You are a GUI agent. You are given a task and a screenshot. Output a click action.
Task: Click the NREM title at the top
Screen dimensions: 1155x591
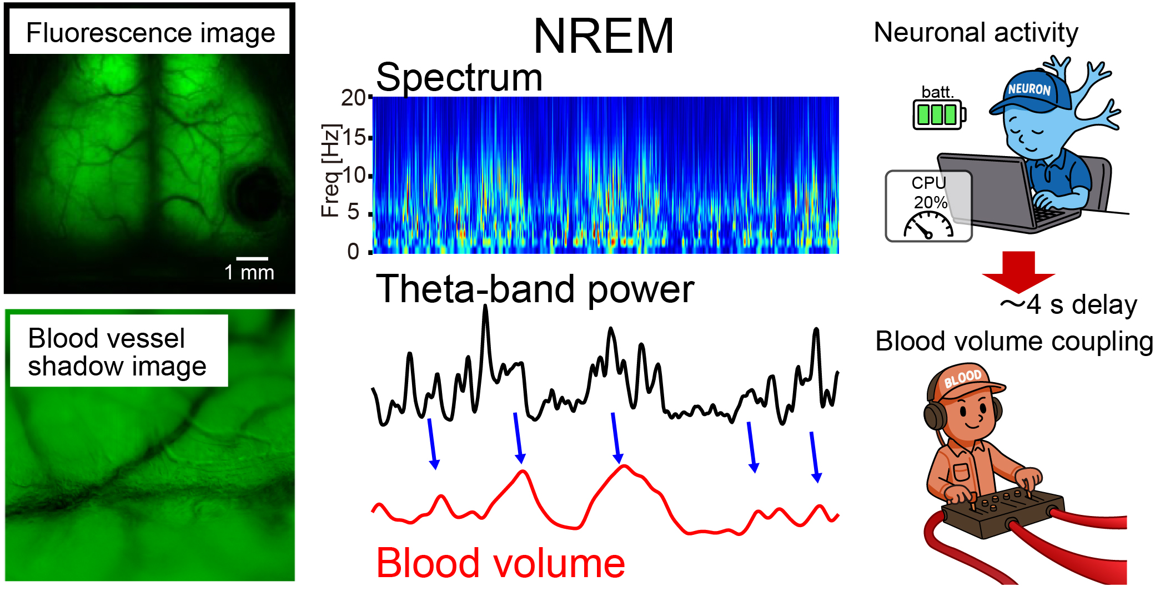click(x=604, y=36)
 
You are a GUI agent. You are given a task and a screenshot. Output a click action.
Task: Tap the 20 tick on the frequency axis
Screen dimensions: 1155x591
click(x=353, y=98)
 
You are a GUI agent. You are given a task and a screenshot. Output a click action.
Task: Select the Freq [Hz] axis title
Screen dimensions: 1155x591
click(x=330, y=171)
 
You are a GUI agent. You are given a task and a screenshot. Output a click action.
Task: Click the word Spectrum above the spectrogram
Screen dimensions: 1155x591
click(x=459, y=77)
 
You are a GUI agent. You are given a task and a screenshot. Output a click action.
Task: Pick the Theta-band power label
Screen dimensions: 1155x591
click(x=535, y=289)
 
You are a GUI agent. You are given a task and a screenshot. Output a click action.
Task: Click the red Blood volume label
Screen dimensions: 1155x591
click(x=500, y=563)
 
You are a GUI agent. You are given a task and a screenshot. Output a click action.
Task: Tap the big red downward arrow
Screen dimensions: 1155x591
click(x=1018, y=272)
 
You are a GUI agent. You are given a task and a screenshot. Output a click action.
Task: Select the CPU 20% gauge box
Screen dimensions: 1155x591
click(x=928, y=206)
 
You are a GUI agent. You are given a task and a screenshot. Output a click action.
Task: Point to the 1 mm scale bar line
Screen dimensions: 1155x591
click(x=252, y=258)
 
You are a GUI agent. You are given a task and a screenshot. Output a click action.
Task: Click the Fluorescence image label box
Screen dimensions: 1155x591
click(x=150, y=32)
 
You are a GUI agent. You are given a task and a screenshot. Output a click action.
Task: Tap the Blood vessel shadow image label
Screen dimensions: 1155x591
click(x=118, y=351)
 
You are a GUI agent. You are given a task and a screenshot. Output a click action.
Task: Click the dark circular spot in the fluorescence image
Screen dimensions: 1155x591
click(x=257, y=193)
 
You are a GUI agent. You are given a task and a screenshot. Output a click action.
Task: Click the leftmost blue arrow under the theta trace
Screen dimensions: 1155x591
click(x=432, y=444)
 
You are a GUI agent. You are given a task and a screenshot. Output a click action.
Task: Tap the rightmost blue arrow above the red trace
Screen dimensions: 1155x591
click(x=814, y=457)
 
